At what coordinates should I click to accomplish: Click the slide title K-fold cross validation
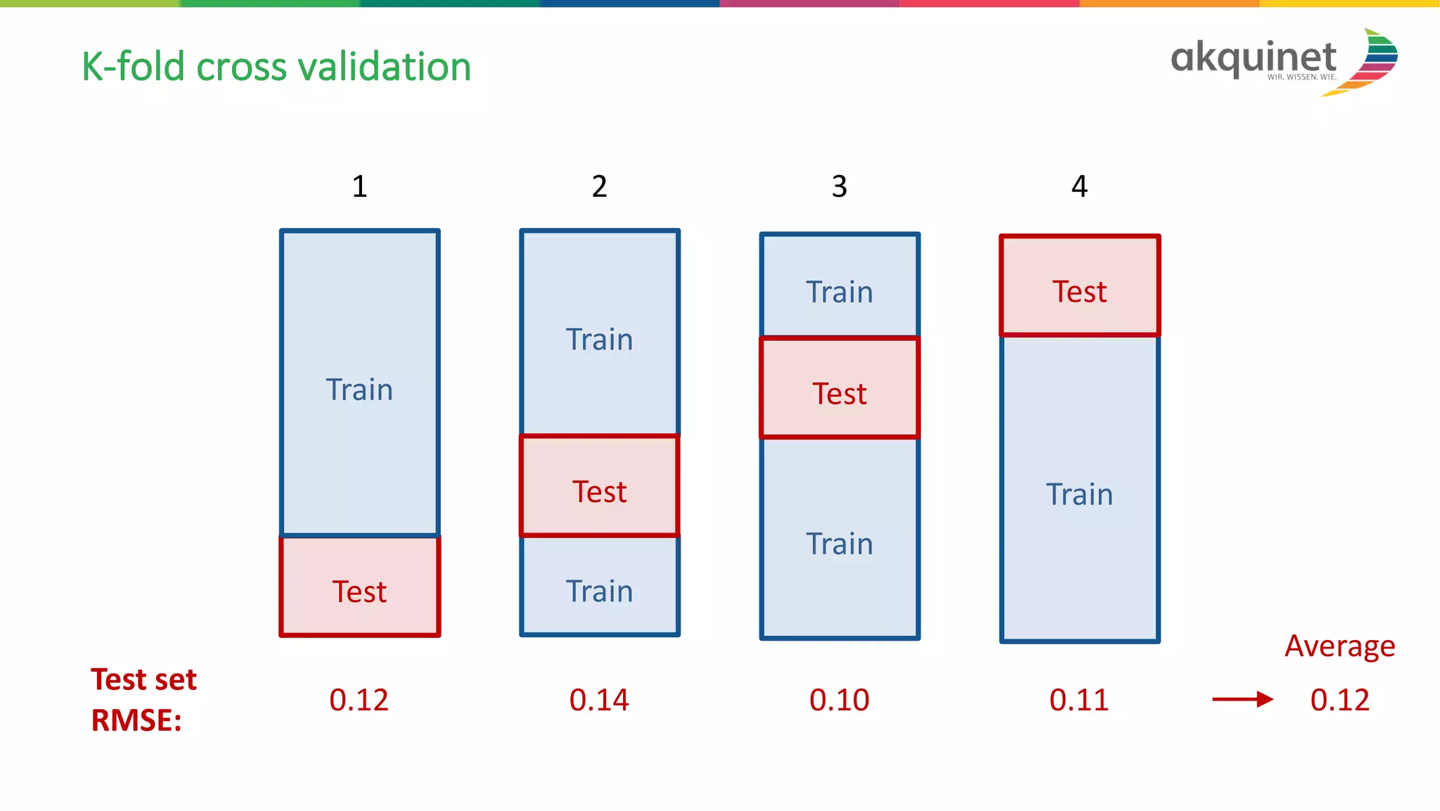point(276,67)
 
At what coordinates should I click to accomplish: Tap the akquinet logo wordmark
point(1253,58)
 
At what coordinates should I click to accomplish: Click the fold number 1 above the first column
point(359,186)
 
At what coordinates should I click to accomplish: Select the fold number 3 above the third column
point(840,186)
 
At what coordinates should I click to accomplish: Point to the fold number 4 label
point(1079,186)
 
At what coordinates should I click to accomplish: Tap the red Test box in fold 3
point(840,388)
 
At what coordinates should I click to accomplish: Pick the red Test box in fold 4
point(1079,286)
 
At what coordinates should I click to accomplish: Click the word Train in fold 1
point(359,390)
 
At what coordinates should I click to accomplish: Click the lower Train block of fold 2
point(599,589)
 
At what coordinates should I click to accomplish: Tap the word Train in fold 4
point(1079,494)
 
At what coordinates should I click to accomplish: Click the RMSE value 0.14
point(599,700)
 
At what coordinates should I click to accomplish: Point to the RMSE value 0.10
point(840,700)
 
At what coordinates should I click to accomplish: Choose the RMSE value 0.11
point(1079,700)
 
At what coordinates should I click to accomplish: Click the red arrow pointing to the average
point(1242,699)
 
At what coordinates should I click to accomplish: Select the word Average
point(1339,646)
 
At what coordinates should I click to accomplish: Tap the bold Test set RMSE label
point(143,700)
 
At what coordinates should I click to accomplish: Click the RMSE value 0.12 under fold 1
point(359,700)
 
